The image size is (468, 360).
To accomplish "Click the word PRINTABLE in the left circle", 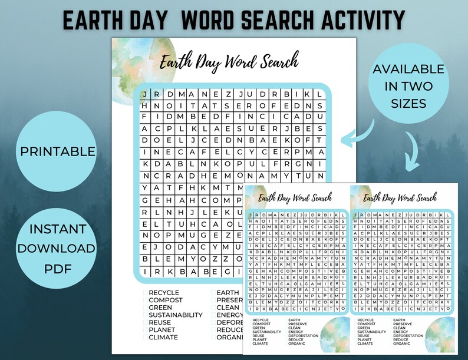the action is (58, 151).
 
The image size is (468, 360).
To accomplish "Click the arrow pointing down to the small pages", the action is (413, 153).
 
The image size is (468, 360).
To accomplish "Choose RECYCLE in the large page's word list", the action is (164, 293).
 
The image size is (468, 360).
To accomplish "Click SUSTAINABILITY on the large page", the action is (176, 315).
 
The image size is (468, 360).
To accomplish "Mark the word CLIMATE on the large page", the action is (163, 338).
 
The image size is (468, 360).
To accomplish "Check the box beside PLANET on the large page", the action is (145, 330).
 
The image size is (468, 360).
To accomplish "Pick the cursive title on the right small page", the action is (400, 198).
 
